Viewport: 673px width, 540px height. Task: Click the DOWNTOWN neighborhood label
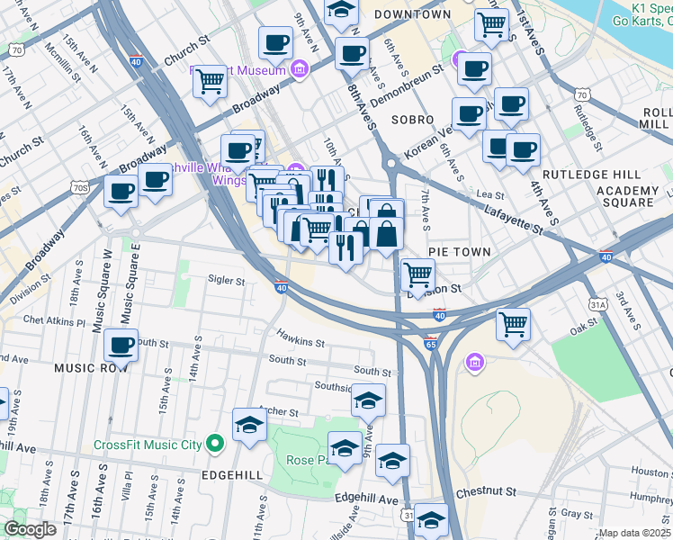click(x=412, y=14)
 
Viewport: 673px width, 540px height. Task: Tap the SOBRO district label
click(x=412, y=119)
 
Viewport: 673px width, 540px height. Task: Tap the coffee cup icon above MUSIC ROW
click(x=121, y=345)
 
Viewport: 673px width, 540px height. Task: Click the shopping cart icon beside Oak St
click(x=513, y=323)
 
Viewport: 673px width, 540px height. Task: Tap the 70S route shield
click(x=80, y=187)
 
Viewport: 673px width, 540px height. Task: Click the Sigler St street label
click(x=227, y=281)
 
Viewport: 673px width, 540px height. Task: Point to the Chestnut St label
click(x=485, y=492)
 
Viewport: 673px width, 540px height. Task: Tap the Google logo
click(x=30, y=529)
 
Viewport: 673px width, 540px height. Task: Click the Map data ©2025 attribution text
click(x=634, y=533)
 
